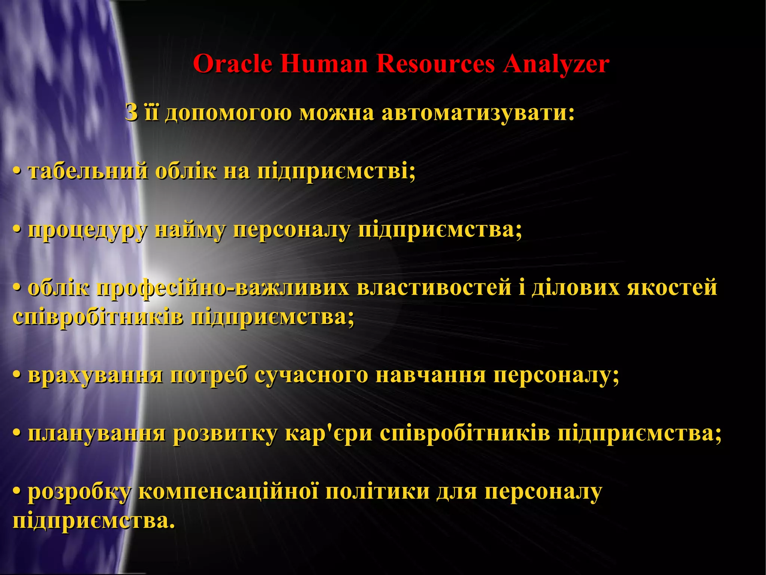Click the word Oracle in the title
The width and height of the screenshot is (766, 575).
[x=232, y=64]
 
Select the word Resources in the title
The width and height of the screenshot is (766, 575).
[x=435, y=64]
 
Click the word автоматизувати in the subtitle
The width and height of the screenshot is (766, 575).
[x=478, y=113]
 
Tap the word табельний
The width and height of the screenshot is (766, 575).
[x=88, y=172]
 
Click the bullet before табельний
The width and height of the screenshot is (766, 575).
[x=16, y=172]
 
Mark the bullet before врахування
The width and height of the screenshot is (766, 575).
[x=16, y=375]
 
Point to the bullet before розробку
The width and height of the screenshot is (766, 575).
[x=16, y=492]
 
